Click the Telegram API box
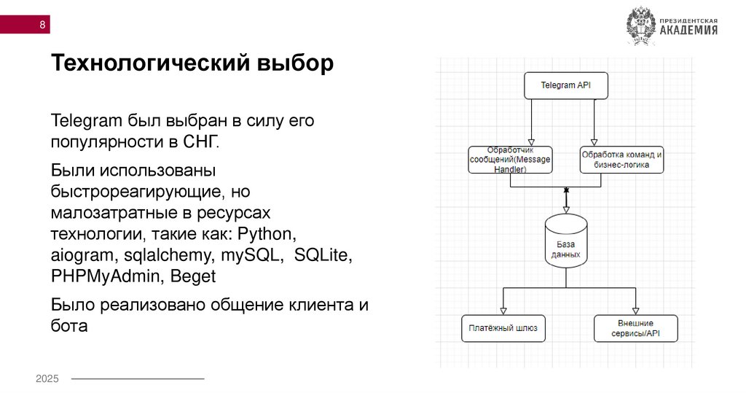[x=565, y=85]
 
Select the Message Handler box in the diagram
[x=510, y=160]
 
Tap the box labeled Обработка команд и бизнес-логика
[x=622, y=160]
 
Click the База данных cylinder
[x=565, y=242]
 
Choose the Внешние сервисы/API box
[x=635, y=329]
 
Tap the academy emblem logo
[x=640, y=26]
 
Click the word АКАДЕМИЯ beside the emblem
[x=688, y=31]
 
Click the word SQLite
[x=323, y=256]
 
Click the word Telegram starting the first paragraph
[x=87, y=120]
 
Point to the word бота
[x=69, y=326]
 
